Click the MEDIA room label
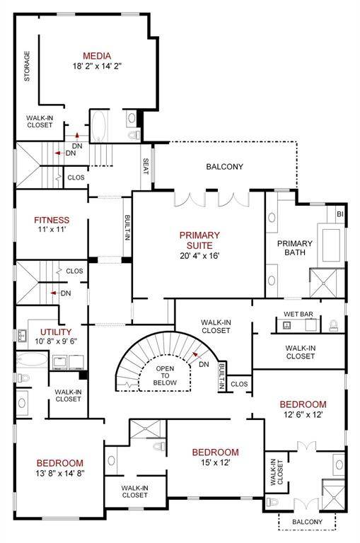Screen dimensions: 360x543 click(x=97, y=56)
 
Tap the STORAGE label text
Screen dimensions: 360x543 click(x=27, y=66)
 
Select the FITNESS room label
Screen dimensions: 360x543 click(x=52, y=220)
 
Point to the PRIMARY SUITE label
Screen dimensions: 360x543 click(x=199, y=240)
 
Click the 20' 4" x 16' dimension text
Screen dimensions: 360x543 click(x=199, y=256)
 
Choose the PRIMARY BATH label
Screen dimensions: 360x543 click(x=295, y=247)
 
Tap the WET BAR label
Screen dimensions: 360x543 click(x=298, y=314)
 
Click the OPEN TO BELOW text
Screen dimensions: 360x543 click(x=165, y=375)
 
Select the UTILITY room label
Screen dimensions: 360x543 click(x=56, y=332)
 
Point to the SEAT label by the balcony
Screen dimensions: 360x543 click(x=146, y=167)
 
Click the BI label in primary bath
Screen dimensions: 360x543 click(x=340, y=214)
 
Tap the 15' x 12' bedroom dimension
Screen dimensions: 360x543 click(x=216, y=462)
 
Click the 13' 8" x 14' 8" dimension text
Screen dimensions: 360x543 click(x=60, y=474)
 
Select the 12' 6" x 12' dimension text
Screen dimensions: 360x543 click(x=303, y=414)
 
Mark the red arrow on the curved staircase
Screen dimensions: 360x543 click(x=197, y=355)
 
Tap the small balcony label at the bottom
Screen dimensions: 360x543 click(x=308, y=522)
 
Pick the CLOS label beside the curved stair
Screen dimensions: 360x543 click(x=239, y=384)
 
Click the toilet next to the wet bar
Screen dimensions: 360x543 click(x=333, y=325)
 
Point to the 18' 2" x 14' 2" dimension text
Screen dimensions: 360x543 click(x=97, y=66)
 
